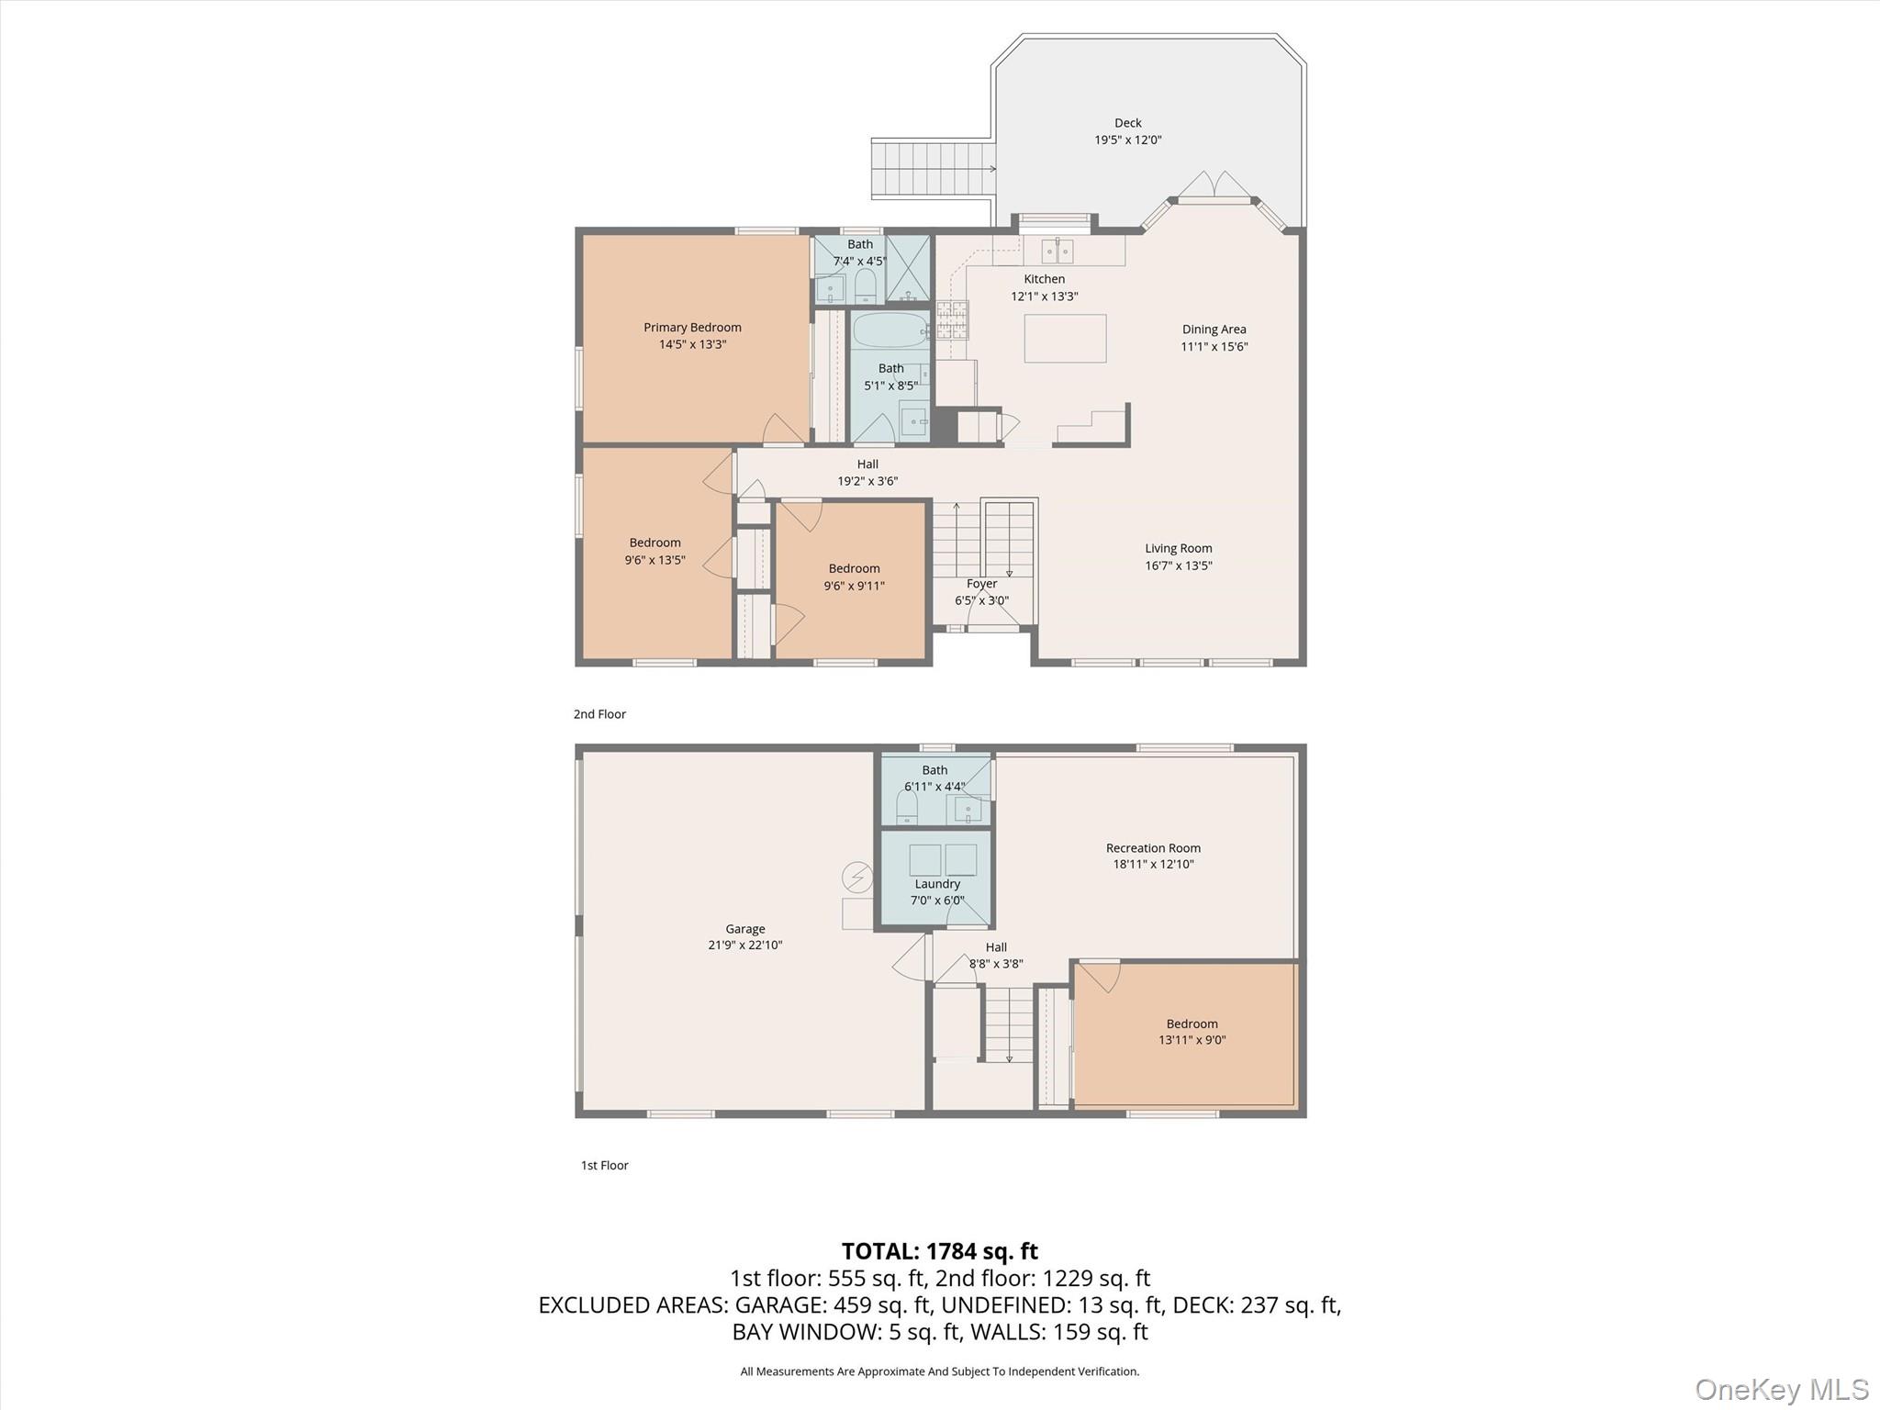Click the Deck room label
(1128, 123)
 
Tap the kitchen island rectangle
(1065, 338)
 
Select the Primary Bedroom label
(692, 328)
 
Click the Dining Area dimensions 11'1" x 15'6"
(1214, 347)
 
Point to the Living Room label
(1179, 549)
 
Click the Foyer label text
(982, 584)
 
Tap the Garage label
(745, 929)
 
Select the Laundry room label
(937, 884)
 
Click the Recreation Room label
(1154, 848)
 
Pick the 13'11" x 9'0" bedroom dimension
(1192, 1040)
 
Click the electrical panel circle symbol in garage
(858, 878)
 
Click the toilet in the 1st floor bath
(907, 807)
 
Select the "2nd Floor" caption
(599, 714)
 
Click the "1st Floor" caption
(605, 1166)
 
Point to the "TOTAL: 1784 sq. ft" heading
(940, 1251)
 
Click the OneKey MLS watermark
(1782, 1389)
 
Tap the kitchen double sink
(1057, 250)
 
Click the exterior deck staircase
(933, 169)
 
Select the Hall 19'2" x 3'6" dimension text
(867, 481)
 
